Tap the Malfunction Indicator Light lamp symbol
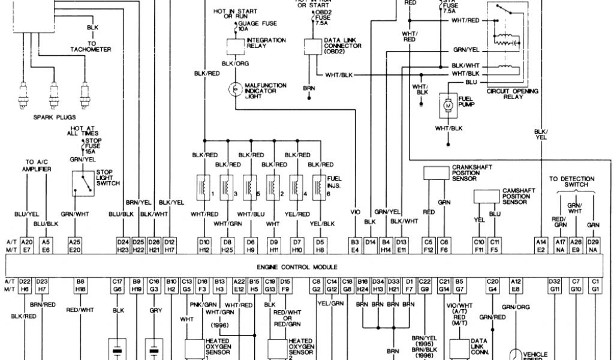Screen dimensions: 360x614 pyautogui.click(x=236, y=88)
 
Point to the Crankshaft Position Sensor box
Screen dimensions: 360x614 pyautogui.click(x=436, y=172)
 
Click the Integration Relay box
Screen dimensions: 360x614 pyautogui.click(x=236, y=45)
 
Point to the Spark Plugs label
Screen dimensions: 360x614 pyautogui.click(x=52, y=118)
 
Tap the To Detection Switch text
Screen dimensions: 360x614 pyautogui.click(x=571, y=182)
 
